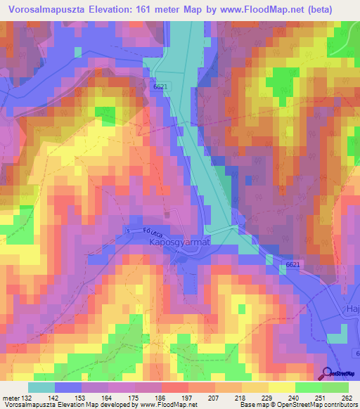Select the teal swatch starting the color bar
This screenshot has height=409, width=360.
point(41,387)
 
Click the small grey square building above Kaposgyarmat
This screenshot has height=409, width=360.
point(167,214)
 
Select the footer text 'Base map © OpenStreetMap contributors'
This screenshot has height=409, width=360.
point(298,405)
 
